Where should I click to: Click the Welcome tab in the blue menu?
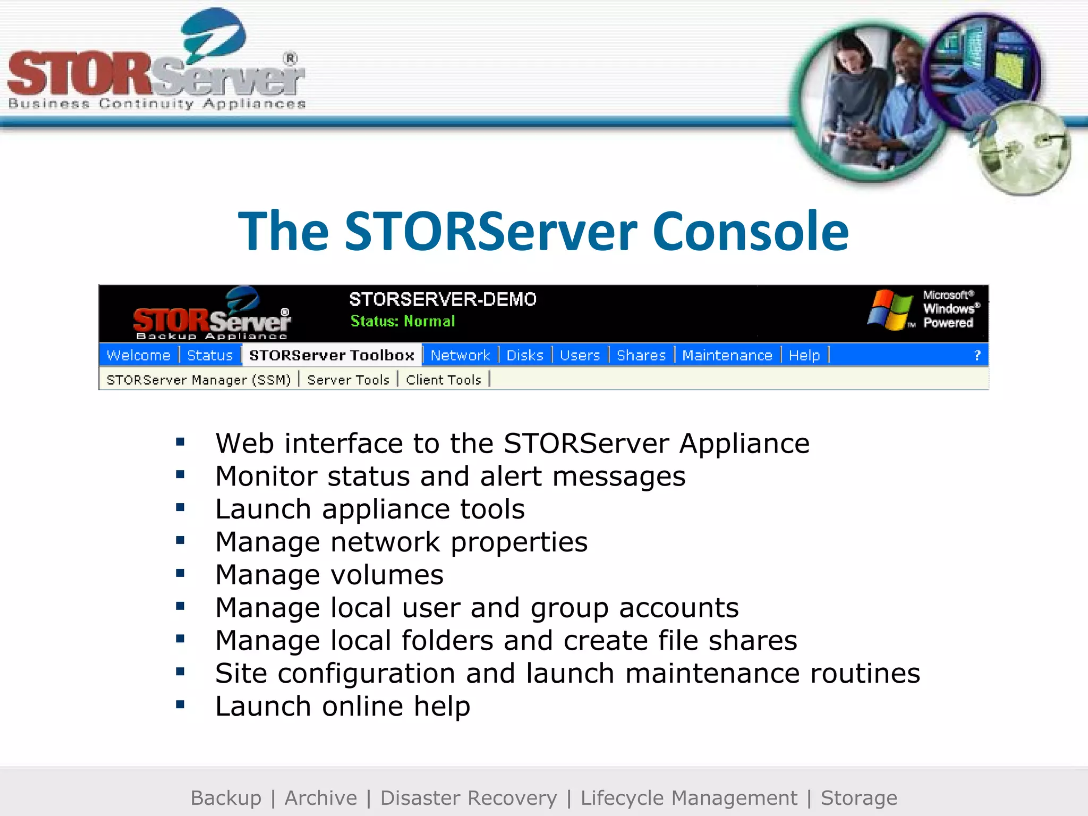point(139,355)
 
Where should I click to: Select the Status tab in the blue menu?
point(210,355)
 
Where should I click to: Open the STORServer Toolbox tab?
point(331,355)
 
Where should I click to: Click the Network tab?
point(460,355)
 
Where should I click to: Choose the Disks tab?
point(525,355)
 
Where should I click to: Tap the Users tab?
point(580,355)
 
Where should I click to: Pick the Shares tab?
point(641,355)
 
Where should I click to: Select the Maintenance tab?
point(727,355)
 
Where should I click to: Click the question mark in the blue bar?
point(976,355)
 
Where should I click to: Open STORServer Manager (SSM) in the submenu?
point(199,380)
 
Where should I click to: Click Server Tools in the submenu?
point(348,380)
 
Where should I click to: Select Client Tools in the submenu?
point(444,380)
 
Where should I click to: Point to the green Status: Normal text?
point(403,321)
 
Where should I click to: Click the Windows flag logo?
point(889,310)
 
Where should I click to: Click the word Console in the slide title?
point(750,231)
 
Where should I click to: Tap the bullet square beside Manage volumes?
point(180,573)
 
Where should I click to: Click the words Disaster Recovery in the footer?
point(469,798)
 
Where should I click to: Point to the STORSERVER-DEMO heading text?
point(443,299)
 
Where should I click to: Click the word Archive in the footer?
point(321,798)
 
